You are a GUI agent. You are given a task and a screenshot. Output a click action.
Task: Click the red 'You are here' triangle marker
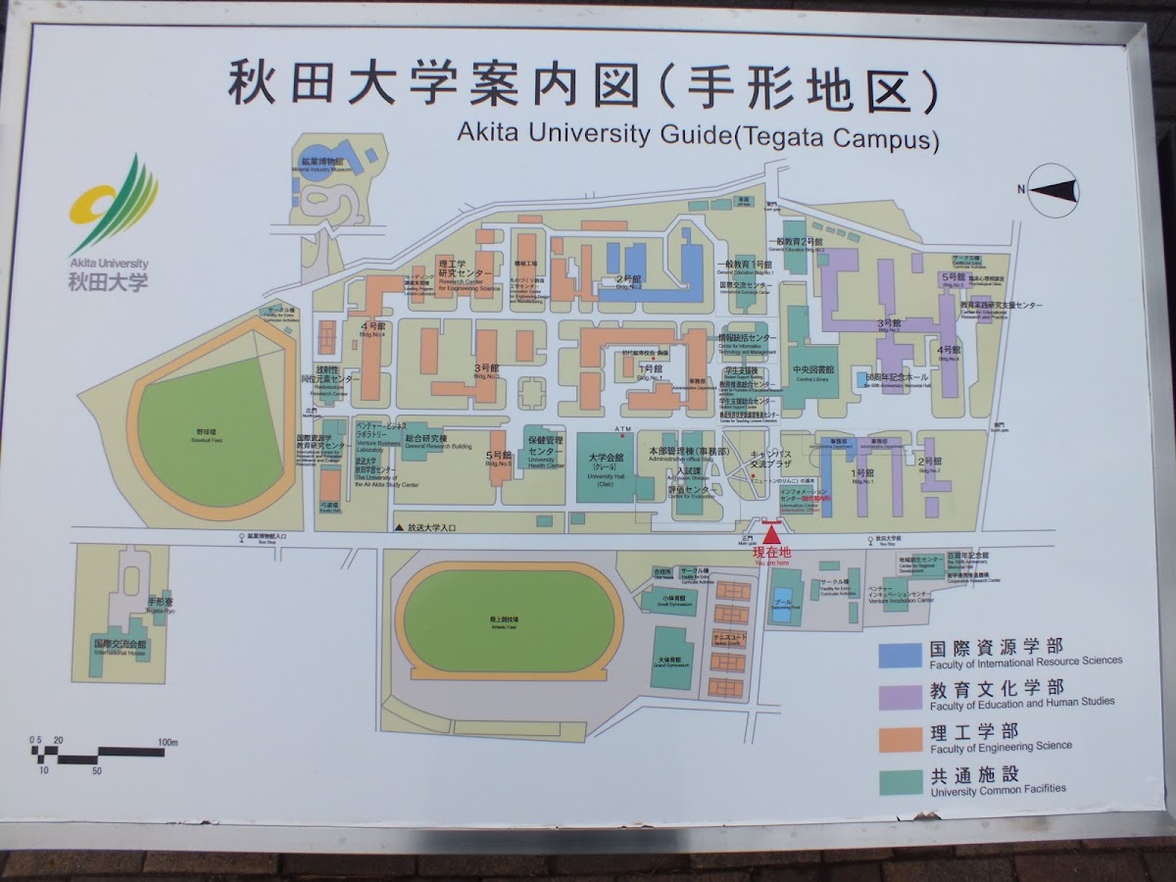pyautogui.click(x=772, y=534)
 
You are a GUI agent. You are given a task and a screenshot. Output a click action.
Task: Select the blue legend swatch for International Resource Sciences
pyautogui.click(x=901, y=654)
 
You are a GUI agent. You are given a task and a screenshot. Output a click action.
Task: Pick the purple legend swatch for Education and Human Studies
pyautogui.click(x=901, y=696)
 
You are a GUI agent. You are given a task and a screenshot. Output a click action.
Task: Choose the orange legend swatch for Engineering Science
pyautogui.click(x=901, y=738)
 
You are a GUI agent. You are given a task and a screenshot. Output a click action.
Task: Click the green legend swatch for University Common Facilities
pyautogui.click(x=901, y=781)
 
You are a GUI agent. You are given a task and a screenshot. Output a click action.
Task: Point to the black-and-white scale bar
pyautogui.click(x=98, y=754)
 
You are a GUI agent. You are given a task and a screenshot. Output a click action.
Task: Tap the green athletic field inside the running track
pyautogui.click(x=508, y=621)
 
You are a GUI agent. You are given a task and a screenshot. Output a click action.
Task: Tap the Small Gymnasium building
pyautogui.click(x=673, y=600)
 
